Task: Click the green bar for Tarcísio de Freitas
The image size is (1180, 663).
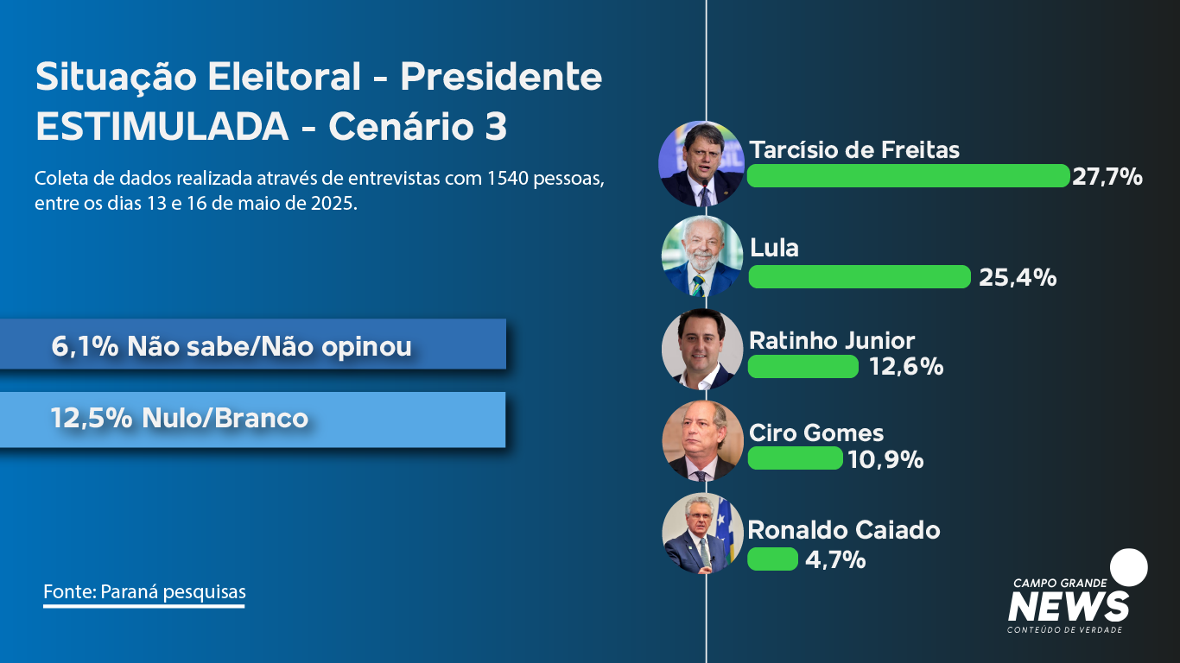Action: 909,175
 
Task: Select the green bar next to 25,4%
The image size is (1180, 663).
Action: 860,276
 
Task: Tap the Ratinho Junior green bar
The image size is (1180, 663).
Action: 803,367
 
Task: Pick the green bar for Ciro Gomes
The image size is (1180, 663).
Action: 796,458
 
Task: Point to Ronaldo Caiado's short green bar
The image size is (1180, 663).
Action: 773,559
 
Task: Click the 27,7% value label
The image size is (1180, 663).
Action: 1107,176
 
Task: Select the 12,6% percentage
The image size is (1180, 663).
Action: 907,367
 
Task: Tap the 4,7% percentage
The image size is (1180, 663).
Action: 835,559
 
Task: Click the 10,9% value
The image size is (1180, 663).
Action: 886,459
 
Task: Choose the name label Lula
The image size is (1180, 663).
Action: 774,248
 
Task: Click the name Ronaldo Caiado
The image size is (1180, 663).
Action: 844,530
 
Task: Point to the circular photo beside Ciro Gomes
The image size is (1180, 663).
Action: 702,441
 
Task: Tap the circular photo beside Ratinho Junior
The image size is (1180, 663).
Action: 702,349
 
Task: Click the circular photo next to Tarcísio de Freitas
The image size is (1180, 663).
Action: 701,164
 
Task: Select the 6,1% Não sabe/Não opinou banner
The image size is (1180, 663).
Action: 253,344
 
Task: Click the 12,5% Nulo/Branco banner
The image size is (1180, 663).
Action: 253,420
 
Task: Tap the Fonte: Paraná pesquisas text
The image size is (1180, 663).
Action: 144,592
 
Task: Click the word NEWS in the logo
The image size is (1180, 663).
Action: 1069,607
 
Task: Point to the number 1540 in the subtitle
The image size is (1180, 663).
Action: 507,179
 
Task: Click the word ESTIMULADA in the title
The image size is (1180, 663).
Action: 162,127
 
